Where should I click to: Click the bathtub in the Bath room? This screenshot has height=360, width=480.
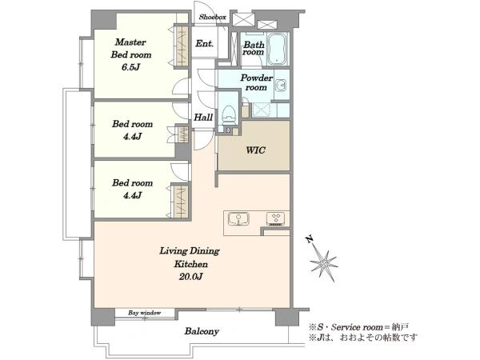tap(278, 49)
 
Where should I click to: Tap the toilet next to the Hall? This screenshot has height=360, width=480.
tap(229, 114)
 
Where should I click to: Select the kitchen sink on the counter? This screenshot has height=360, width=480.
tap(238, 219)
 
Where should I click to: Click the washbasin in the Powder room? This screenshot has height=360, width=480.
tap(281, 85)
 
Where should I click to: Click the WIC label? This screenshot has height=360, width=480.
tap(256, 150)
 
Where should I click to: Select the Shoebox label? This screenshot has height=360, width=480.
tap(213, 17)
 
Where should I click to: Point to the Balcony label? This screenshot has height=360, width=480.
tap(202, 331)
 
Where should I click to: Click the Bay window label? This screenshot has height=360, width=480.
tap(144, 313)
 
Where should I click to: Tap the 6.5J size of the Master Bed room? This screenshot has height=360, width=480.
tap(130, 67)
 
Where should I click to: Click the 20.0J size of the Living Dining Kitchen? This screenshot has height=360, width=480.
tap(190, 277)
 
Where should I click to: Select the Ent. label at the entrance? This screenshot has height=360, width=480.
tap(204, 43)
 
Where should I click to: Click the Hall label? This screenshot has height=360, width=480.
tap(203, 118)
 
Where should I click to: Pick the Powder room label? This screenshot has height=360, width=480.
tap(256, 82)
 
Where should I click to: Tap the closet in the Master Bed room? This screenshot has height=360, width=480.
tap(181, 46)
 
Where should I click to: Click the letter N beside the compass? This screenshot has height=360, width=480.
tap(310, 238)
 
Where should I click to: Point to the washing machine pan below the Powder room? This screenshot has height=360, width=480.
tap(261, 110)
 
